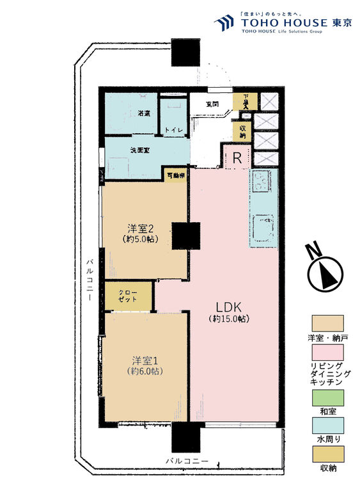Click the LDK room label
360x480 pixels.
(x=228, y=306)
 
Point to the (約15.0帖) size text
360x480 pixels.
(x=228, y=319)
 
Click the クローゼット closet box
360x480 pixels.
(x=129, y=296)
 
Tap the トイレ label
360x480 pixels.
(x=173, y=130)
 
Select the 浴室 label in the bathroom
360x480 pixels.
(x=126, y=113)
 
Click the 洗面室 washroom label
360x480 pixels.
(x=139, y=151)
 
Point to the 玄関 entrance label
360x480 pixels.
(x=213, y=104)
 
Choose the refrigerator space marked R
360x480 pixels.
(x=237, y=158)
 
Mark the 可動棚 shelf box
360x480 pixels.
(x=175, y=175)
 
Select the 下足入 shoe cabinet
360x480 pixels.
(x=245, y=102)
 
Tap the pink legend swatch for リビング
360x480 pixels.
(x=327, y=353)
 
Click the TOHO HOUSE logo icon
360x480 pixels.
(x=224, y=24)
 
